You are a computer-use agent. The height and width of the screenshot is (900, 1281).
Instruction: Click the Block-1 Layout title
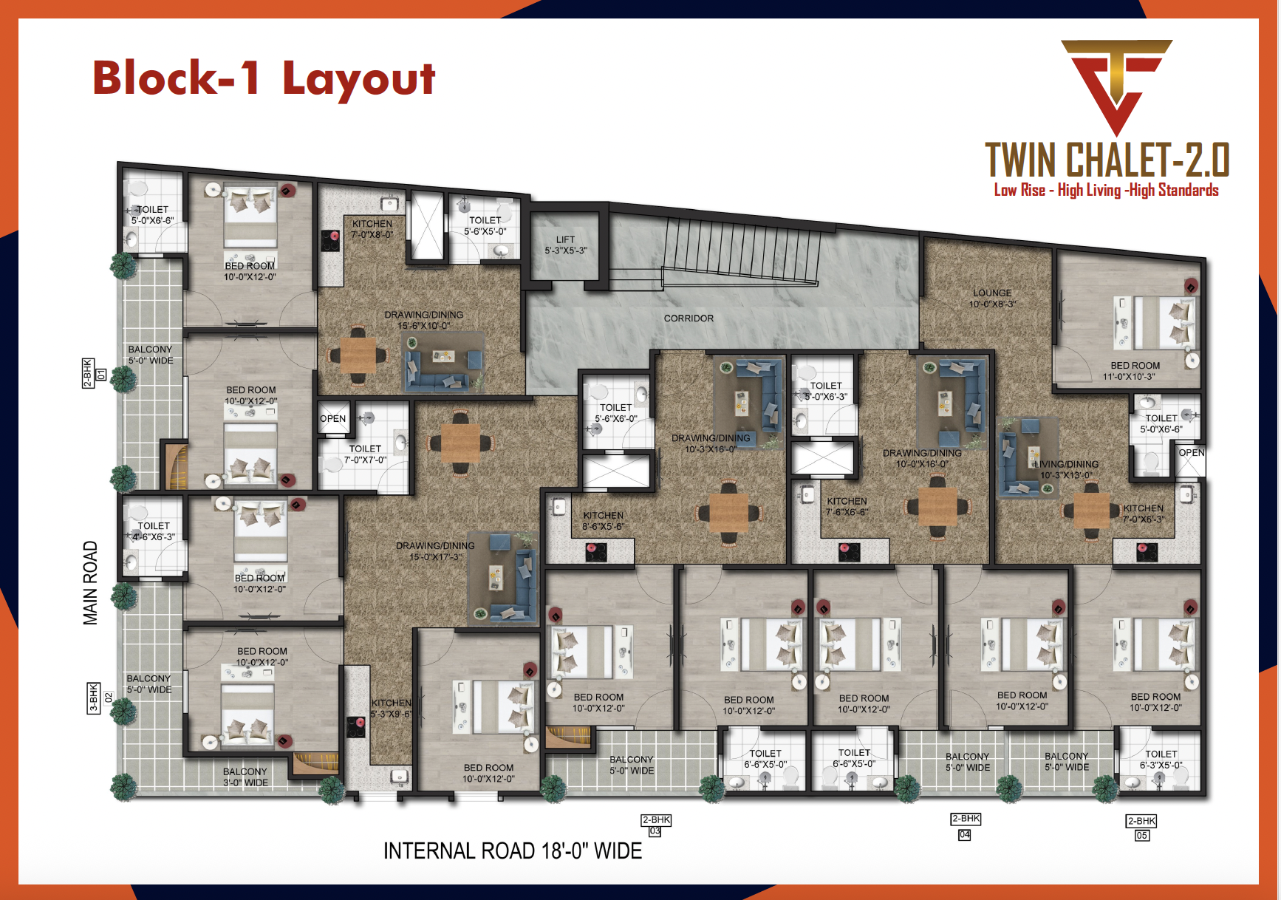[264, 78]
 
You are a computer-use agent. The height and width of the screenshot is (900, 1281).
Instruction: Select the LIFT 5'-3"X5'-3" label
[565, 245]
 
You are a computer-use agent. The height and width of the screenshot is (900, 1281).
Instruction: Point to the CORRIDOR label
[689, 318]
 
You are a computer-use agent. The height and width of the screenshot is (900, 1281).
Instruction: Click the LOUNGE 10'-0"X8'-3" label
[992, 299]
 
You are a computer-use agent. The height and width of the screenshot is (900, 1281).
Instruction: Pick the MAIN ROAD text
[90, 583]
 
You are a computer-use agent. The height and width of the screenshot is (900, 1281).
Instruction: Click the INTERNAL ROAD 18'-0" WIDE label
[513, 851]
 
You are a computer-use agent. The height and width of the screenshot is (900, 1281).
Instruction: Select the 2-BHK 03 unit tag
[655, 825]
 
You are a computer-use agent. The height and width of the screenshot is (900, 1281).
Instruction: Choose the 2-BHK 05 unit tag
[1141, 828]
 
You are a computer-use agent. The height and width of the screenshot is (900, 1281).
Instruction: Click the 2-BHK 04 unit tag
[966, 826]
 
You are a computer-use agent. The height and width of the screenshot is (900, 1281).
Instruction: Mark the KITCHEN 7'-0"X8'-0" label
[372, 229]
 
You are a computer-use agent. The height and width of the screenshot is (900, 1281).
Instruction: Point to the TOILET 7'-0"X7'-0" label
[365, 454]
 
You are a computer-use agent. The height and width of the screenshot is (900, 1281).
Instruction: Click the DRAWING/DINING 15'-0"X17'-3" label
[435, 551]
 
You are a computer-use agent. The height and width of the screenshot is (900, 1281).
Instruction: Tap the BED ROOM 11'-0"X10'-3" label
[1135, 371]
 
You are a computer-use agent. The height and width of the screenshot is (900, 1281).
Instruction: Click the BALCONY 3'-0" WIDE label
[245, 777]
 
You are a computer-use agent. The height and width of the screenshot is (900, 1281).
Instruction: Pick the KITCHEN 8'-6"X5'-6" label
[603, 521]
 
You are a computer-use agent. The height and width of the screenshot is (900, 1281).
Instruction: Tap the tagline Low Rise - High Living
[1106, 191]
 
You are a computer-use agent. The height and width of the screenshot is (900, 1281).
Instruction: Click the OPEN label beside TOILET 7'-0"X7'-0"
[332, 419]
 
